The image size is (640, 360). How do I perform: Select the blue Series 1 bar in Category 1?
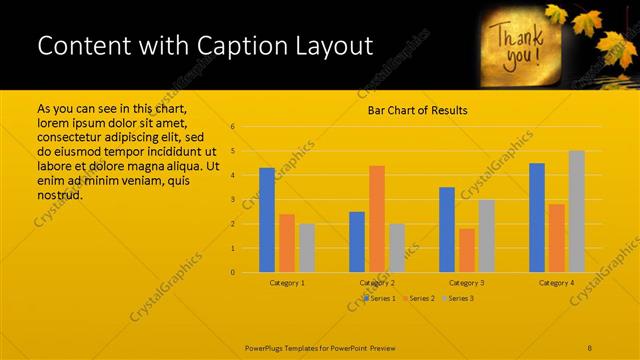click(267, 220)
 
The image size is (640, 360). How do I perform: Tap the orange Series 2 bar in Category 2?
click(376, 218)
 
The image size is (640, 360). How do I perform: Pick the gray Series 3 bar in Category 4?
click(576, 211)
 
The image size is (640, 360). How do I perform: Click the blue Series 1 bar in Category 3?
click(447, 229)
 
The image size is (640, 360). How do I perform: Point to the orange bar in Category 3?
click(466, 250)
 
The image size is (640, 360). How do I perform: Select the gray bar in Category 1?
click(307, 247)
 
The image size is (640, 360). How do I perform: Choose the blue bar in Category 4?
click(537, 217)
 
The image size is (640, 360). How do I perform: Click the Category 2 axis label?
click(377, 283)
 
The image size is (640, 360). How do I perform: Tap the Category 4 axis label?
click(557, 283)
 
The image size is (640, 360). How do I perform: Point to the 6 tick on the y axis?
click(232, 127)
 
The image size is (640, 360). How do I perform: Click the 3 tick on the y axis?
click(232, 200)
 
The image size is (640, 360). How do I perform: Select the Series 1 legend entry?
click(381, 298)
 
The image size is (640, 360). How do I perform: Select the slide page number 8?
click(590, 347)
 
